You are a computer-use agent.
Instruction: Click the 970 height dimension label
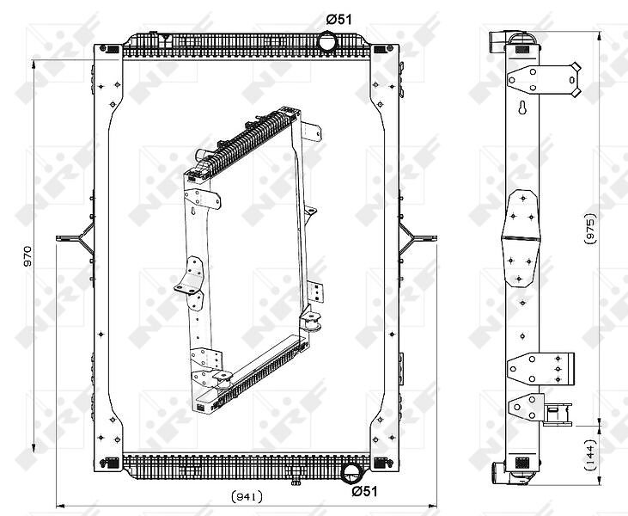27,256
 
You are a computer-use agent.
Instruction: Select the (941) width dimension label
247,497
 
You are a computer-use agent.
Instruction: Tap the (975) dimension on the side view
590,229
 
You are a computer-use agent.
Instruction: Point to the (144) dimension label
590,455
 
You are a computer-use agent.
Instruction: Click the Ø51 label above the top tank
338,19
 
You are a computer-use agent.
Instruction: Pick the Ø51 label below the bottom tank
364,491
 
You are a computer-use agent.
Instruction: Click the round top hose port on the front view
327,41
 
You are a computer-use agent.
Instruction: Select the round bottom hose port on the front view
352,473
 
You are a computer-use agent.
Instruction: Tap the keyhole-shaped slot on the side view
522,107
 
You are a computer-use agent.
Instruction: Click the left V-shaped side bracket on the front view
76,238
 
